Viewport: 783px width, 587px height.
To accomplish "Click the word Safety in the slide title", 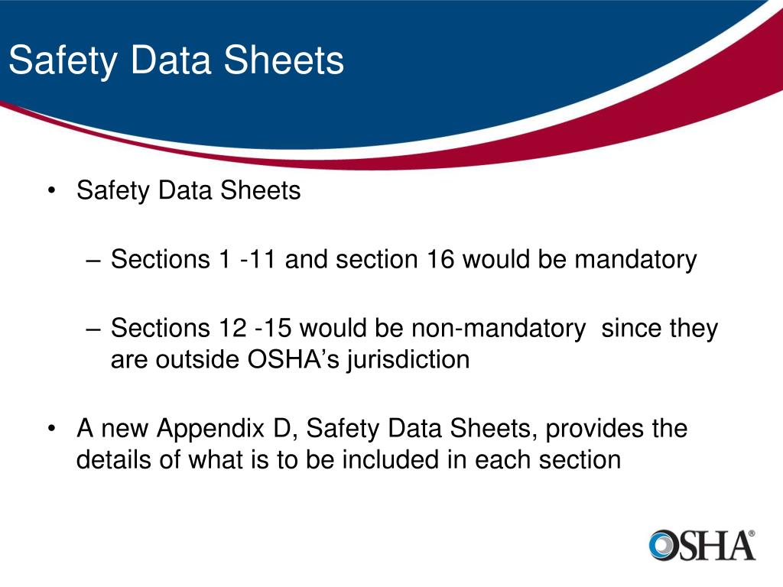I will tap(63, 61).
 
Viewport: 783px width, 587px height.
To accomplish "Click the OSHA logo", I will tap(702, 546).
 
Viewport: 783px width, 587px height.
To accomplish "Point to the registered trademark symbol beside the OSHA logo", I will tap(752, 533).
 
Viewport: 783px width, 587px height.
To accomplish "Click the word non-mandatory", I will tap(499, 329).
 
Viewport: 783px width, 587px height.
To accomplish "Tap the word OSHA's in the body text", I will tap(294, 358).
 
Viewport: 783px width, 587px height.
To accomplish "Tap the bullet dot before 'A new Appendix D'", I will tap(51, 429).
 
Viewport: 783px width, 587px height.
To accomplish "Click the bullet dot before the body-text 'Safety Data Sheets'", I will tap(51, 191).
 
